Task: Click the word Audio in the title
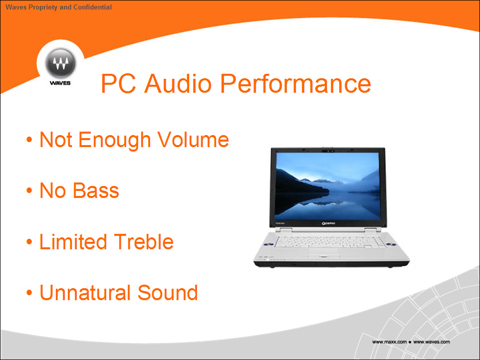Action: click(x=178, y=83)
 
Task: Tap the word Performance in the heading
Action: click(x=295, y=83)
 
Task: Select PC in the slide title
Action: click(x=118, y=83)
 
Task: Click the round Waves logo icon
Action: click(x=60, y=63)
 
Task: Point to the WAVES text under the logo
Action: click(x=60, y=83)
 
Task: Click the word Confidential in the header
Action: click(x=92, y=7)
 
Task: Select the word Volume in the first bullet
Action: click(x=193, y=140)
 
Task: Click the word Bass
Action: click(x=96, y=190)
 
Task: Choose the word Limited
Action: click(x=73, y=242)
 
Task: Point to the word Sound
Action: click(x=168, y=293)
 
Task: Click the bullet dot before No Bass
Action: click(x=29, y=190)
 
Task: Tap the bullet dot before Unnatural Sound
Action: click(x=29, y=293)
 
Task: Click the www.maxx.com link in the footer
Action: click(x=389, y=342)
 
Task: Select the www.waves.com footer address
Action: click(x=432, y=342)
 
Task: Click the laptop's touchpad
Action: click(x=323, y=251)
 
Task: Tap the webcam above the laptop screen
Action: click(x=328, y=151)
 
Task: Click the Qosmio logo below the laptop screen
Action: click(x=328, y=223)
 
